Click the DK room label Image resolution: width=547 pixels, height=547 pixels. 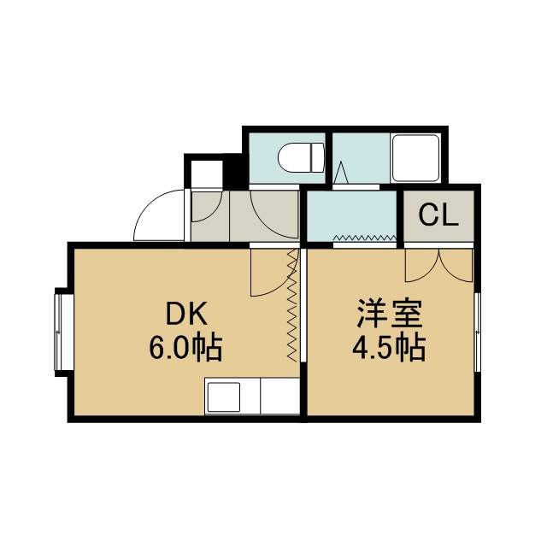186,314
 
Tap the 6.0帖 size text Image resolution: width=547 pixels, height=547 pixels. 185,348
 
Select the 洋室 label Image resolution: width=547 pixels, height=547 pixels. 390,314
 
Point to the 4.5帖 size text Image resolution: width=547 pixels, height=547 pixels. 389,348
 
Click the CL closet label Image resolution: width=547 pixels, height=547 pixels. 438,215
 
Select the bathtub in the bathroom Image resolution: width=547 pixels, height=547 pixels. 415,158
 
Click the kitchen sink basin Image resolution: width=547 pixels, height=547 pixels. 224,397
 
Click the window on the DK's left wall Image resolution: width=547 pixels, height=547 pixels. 63,332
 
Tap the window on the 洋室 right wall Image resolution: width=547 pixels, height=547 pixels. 477,332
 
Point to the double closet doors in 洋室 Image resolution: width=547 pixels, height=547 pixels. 438,265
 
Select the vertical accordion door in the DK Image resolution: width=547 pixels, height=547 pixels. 293,304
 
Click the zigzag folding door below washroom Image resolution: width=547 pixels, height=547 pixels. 365,238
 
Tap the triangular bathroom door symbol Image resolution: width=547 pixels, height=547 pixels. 340,173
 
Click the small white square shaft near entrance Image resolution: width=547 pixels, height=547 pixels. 207,174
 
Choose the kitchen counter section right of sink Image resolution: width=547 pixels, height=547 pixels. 279,397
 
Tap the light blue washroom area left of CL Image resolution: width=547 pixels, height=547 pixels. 351,215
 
